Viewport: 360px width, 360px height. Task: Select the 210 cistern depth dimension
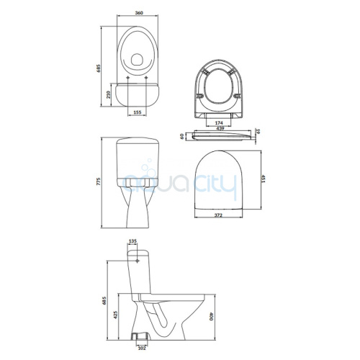(x=108, y=94)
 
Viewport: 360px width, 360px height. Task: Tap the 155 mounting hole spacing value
(x=137, y=112)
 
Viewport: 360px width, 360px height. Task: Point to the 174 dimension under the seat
(x=219, y=123)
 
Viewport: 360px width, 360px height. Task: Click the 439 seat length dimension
(x=220, y=128)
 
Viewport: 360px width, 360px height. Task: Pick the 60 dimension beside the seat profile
(x=182, y=137)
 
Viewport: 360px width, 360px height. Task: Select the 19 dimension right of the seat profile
(x=258, y=132)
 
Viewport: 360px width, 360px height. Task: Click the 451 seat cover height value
(x=264, y=179)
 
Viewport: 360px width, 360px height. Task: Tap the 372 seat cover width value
(x=218, y=215)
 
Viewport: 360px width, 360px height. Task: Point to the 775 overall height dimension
(x=98, y=181)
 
